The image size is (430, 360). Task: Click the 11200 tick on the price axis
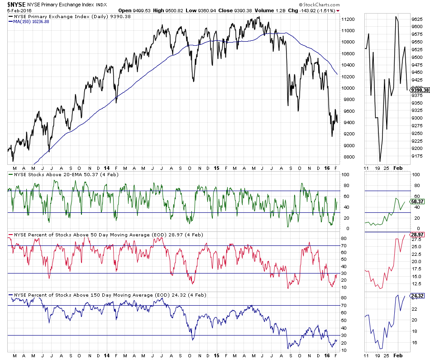[348, 19]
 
